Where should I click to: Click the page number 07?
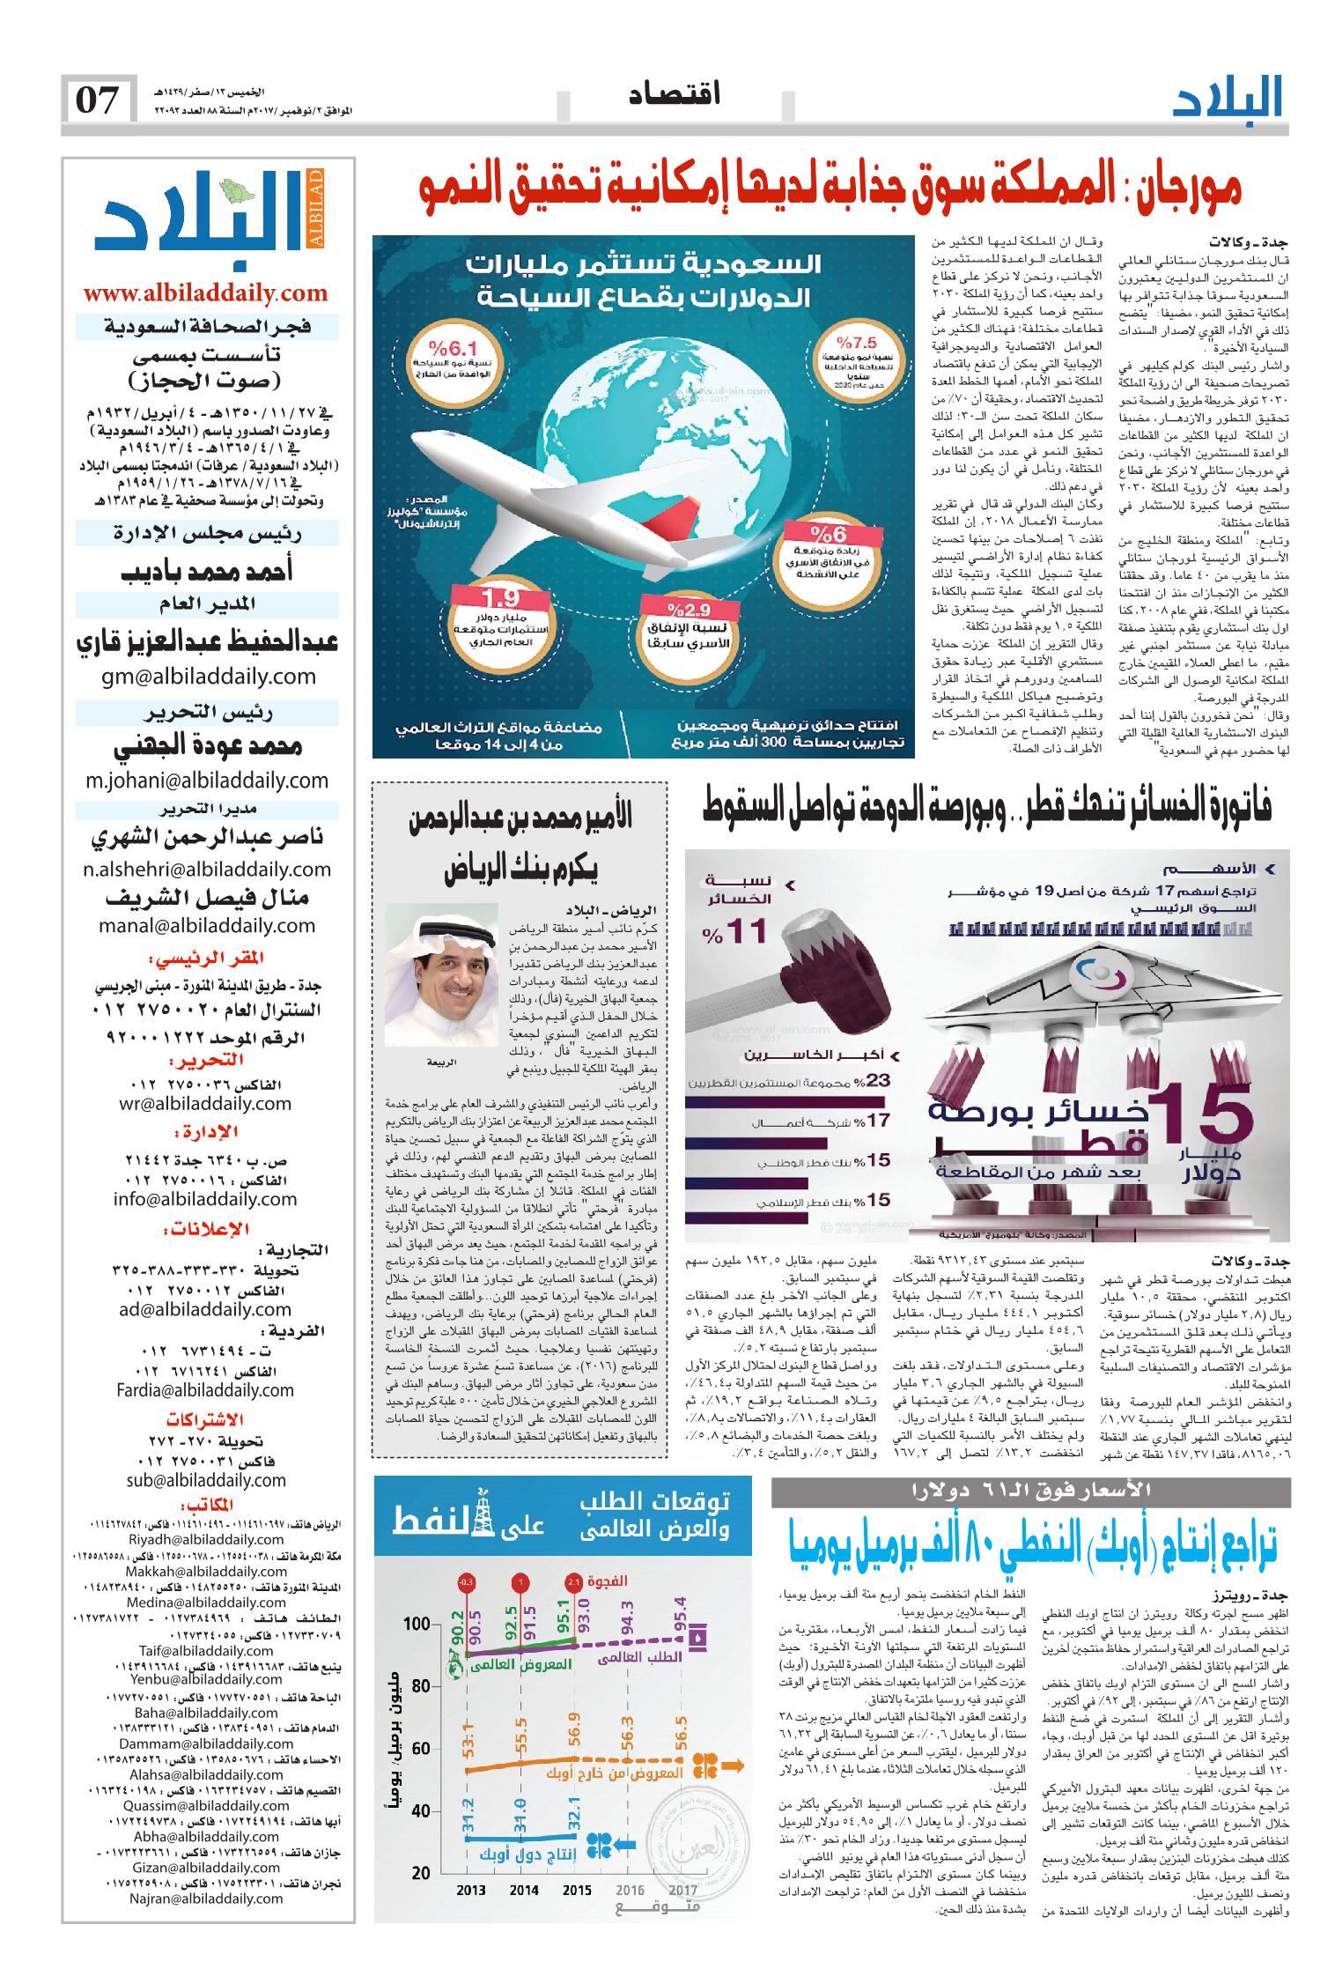click(98, 100)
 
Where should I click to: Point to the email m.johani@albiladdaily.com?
click(208, 779)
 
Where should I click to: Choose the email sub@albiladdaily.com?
click(208, 1480)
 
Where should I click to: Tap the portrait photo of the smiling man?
click(441, 969)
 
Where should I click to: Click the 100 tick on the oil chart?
click(418, 1623)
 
